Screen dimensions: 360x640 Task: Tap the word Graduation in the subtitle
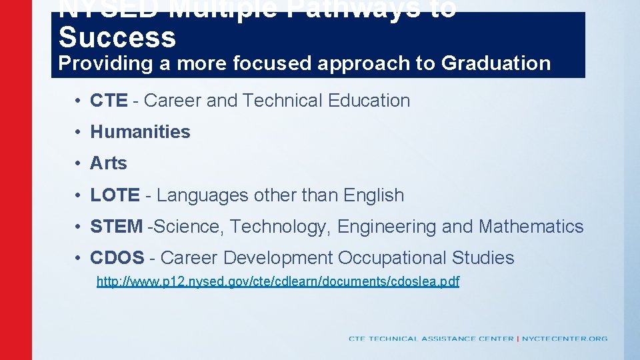point(496,63)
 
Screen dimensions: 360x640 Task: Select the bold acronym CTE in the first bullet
point(109,101)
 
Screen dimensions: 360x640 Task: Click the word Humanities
point(140,132)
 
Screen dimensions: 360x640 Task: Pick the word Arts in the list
point(108,163)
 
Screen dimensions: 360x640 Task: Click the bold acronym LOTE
point(115,195)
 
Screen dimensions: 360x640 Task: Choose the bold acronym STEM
point(116,227)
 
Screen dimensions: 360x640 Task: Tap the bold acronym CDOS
point(117,258)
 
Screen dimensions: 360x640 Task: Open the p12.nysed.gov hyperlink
point(278,281)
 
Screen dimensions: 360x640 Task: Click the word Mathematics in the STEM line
point(531,227)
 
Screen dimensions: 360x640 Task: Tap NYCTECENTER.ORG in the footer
point(565,339)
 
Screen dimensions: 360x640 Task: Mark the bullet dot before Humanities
point(78,132)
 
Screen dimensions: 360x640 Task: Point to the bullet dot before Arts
point(78,163)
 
